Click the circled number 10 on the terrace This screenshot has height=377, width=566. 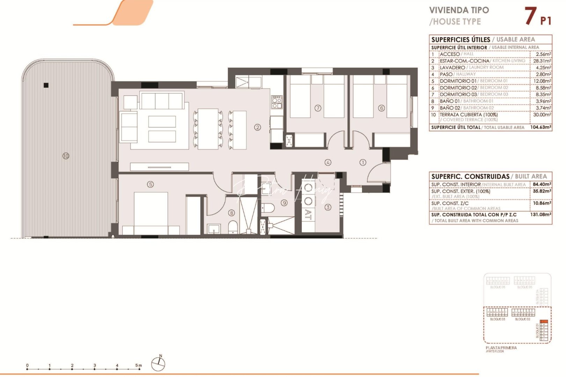click(66, 156)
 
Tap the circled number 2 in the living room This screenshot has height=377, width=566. click(257, 127)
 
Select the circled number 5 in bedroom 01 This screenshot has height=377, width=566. click(150, 184)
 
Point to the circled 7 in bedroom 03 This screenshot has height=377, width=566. click(318, 108)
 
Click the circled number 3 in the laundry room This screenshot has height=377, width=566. click(328, 207)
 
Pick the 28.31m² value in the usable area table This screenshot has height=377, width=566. click(542, 61)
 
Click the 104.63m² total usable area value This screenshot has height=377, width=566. click(540, 127)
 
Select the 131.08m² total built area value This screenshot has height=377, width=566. click(540, 215)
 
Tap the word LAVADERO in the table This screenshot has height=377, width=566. click(452, 67)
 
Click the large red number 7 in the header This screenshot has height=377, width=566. click(530, 16)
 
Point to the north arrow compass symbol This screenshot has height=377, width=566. click(158, 363)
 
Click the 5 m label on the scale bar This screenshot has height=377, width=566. click(138, 365)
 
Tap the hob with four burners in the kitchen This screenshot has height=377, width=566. click(277, 102)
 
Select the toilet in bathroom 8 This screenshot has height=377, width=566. click(233, 227)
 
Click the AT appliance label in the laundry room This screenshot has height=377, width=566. click(308, 215)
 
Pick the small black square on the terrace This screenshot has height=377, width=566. click(46, 85)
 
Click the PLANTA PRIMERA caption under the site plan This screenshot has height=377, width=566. click(501, 348)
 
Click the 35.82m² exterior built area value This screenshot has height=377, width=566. click(542, 191)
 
